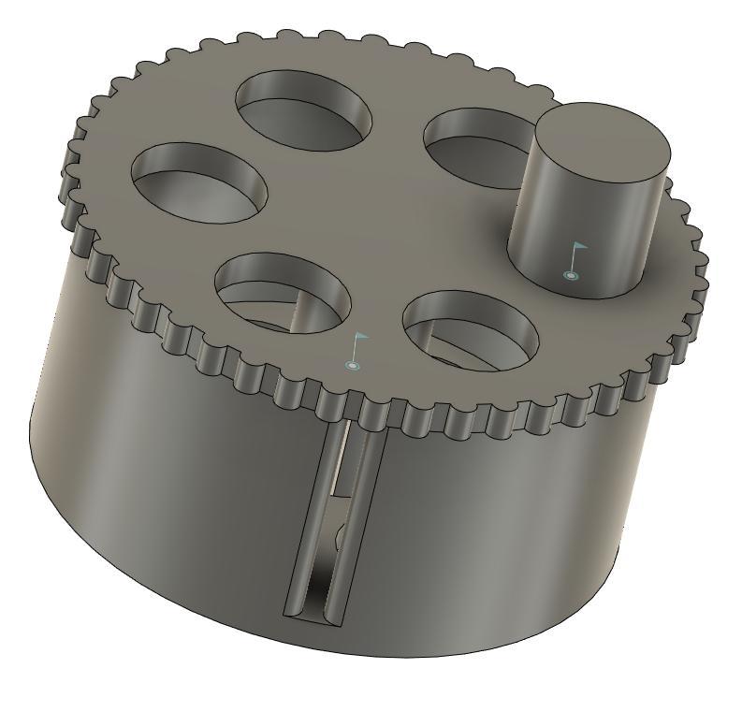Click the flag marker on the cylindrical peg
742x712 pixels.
(x=575, y=261)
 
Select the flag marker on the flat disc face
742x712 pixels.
(x=356, y=351)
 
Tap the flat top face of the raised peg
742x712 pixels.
(x=602, y=143)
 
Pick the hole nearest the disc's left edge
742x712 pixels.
(x=199, y=182)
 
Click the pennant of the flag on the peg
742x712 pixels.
(x=580, y=248)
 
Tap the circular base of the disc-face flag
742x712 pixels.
(x=352, y=365)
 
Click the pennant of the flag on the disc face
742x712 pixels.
(x=361, y=338)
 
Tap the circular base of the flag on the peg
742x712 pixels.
(x=570, y=275)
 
